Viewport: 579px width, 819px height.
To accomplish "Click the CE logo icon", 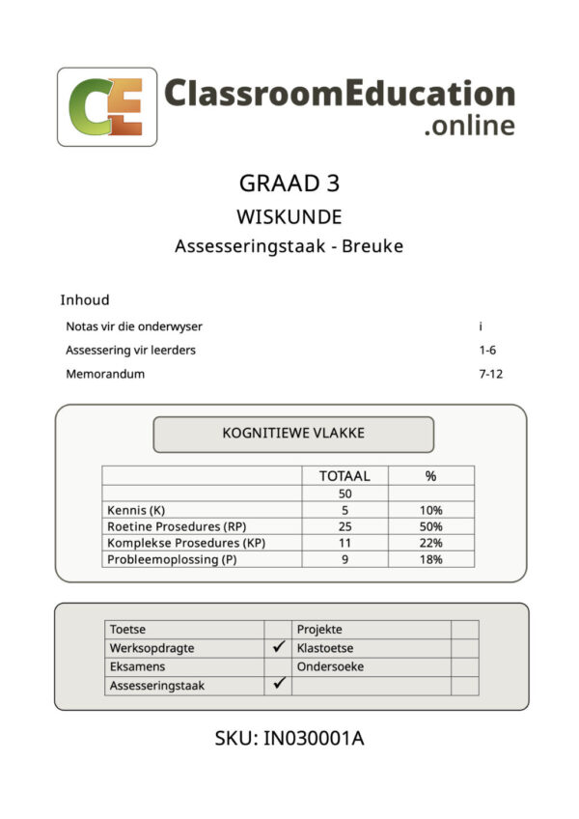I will tap(106, 106).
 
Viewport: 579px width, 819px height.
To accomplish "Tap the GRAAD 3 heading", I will tap(289, 184).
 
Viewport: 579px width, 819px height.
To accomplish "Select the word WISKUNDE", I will tap(289, 217).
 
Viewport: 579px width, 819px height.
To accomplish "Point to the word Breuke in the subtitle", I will tap(374, 246).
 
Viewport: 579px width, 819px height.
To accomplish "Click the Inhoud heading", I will tap(85, 299).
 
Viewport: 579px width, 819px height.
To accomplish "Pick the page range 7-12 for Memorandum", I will tap(492, 374).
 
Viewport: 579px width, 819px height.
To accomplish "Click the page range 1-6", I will tap(488, 350).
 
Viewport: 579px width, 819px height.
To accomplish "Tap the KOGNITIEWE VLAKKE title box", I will tap(293, 434).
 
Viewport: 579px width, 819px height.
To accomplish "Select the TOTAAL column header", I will tap(345, 475).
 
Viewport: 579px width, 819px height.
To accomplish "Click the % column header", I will tap(431, 475).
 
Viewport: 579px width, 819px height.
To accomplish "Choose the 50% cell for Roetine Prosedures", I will tap(431, 526).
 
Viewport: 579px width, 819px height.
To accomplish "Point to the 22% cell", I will tap(431, 543).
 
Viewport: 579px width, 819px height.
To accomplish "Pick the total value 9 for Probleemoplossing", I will tap(345, 559).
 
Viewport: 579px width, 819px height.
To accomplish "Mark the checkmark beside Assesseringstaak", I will tap(279, 684).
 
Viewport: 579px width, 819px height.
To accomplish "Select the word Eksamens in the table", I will tap(137, 666).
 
